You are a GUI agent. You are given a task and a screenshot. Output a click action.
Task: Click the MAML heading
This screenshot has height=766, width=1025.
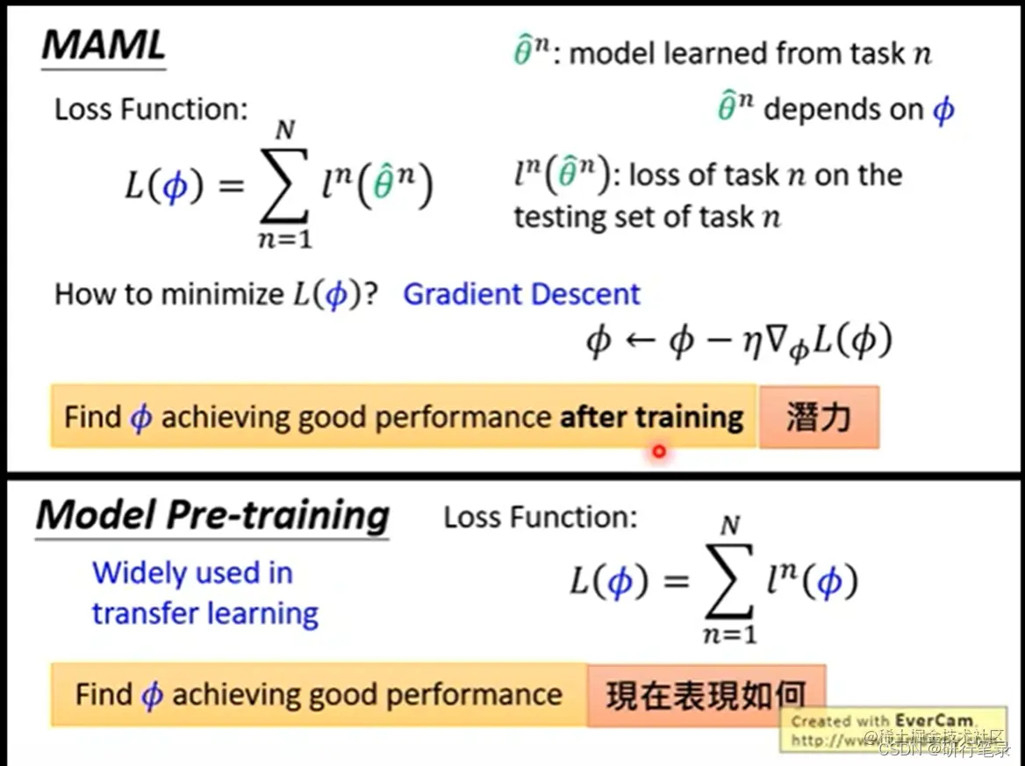[x=104, y=46]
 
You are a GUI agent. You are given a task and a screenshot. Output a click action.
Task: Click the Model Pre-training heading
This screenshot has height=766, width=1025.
[x=212, y=515]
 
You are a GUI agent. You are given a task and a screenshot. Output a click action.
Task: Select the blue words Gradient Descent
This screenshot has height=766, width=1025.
[x=521, y=294]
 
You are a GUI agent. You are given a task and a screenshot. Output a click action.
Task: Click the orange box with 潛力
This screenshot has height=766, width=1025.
[x=818, y=418]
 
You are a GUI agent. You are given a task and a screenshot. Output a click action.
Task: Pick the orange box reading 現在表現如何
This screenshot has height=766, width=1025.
[x=706, y=695]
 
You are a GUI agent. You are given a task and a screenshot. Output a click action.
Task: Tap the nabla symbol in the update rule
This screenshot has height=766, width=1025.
[x=772, y=340]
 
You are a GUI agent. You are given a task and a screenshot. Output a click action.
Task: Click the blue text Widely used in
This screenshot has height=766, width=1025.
[x=192, y=573]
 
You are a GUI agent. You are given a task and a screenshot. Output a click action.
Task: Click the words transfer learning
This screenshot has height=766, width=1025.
[x=204, y=613]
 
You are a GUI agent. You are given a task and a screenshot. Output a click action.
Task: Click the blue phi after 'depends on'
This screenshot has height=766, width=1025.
[x=943, y=111]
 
